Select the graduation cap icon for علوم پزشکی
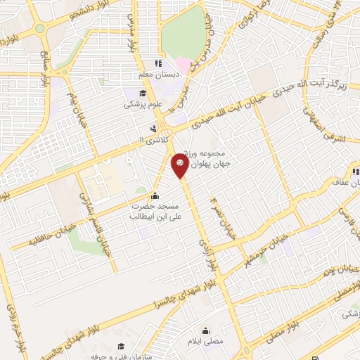click(x=143, y=93)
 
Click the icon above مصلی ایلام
click(x=207, y=330)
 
